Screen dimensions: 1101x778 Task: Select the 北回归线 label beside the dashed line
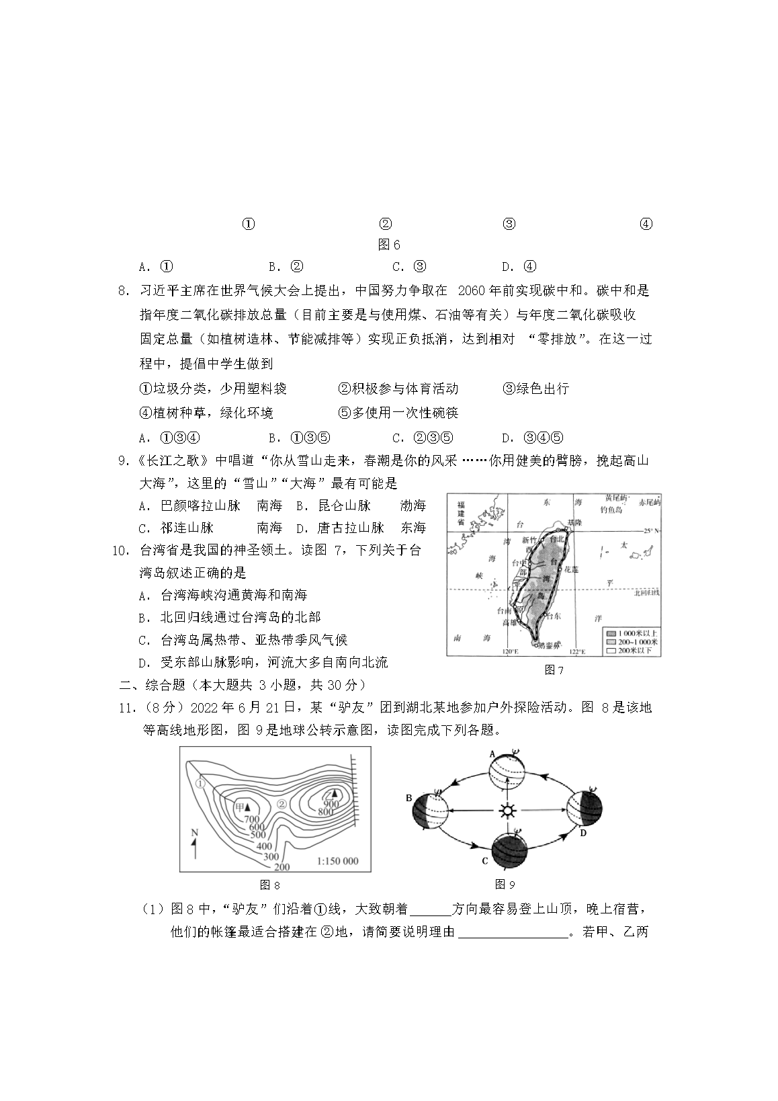point(646,592)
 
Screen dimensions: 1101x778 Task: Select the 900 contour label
point(331,803)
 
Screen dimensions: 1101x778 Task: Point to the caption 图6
point(389,245)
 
